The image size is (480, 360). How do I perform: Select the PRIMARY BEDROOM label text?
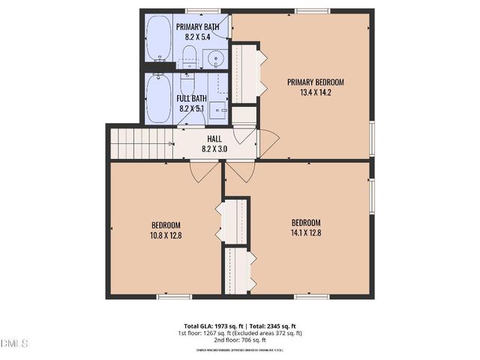click(316, 82)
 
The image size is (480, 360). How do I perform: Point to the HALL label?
click(214, 139)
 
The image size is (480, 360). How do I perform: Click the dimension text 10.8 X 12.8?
click(166, 235)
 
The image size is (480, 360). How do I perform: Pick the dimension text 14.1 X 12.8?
click(306, 232)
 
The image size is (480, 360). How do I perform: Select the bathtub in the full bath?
click(158, 97)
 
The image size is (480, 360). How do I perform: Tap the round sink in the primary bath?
click(216, 58)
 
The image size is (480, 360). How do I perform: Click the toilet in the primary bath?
click(190, 55)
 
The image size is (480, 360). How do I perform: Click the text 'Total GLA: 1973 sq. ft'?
click(204, 327)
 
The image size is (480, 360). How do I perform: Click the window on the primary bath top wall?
click(197, 10)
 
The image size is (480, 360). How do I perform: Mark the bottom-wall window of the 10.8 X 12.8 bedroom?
click(174, 297)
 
